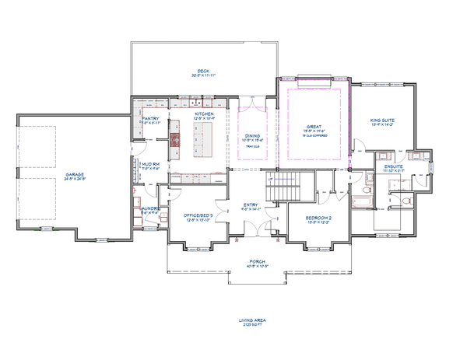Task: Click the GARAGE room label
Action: point(75,174)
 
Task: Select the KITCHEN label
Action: point(204,114)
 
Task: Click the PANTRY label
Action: point(150,118)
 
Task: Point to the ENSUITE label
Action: point(393,166)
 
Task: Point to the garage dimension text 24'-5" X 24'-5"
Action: point(75,179)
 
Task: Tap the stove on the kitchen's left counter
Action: point(174,140)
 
